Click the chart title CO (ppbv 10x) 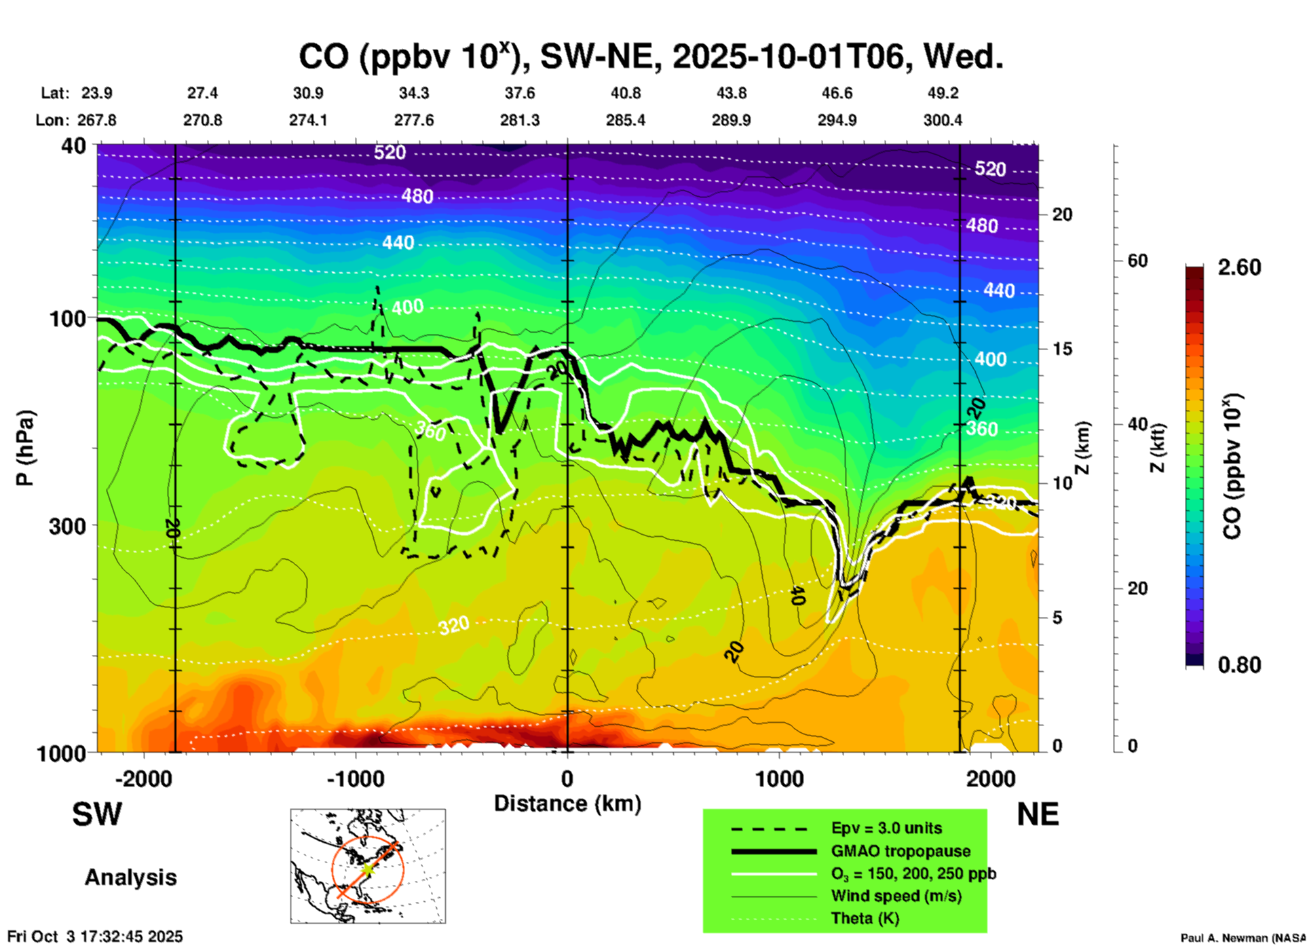[x=650, y=57]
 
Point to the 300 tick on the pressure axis [x=67, y=526]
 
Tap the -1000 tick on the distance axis [x=355, y=778]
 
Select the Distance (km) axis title [x=567, y=803]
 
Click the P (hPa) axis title [x=25, y=448]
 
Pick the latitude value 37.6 [x=519, y=93]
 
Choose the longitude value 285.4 [x=625, y=120]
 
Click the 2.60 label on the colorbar [x=1239, y=267]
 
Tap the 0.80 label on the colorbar [x=1239, y=665]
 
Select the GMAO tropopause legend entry [x=900, y=851]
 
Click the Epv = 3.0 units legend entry [x=886, y=828]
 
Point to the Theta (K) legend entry [x=865, y=918]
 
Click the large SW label [x=97, y=814]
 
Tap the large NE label [x=1038, y=814]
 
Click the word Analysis [x=130, y=877]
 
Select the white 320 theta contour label [x=453, y=625]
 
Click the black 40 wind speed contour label [x=798, y=596]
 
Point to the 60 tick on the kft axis [x=1137, y=261]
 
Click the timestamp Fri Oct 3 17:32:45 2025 [x=95, y=936]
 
